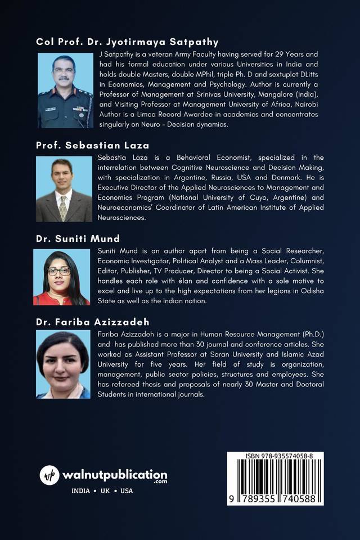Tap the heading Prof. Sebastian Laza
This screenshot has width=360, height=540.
click(92, 145)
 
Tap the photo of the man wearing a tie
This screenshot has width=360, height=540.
click(64, 189)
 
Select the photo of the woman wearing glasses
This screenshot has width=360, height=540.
click(61, 277)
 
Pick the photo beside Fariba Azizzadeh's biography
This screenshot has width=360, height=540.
click(63, 364)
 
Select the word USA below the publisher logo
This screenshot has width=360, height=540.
click(127, 490)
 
